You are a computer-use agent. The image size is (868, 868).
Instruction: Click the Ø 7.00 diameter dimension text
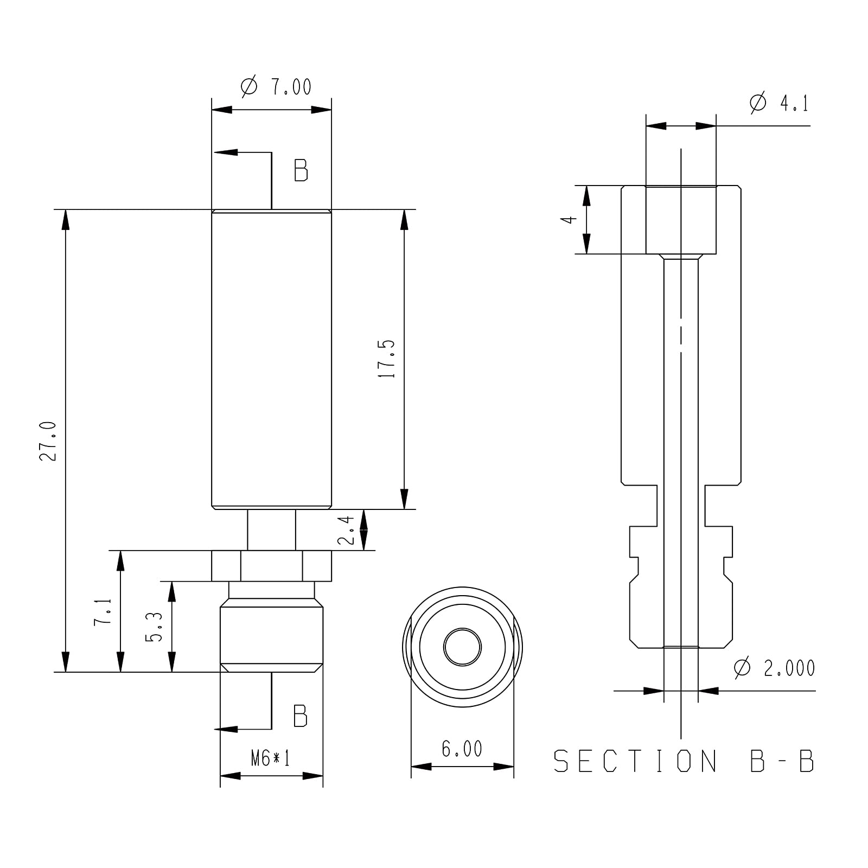tap(276, 87)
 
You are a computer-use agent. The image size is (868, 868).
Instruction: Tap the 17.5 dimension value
tap(388, 359)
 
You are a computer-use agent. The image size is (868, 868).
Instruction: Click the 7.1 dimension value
tap(103, 612)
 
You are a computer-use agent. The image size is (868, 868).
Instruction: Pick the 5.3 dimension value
tap(155, 627)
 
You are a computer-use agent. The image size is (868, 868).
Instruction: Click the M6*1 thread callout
tap(271, 758)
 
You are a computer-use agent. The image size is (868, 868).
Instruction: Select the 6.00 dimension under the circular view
tap(462, 749)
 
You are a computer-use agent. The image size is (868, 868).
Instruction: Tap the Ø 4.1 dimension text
tap(779, 103)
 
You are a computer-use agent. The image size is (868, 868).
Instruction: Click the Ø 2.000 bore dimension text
tap(774, 668)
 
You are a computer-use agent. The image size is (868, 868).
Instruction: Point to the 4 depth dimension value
tap(568, 220)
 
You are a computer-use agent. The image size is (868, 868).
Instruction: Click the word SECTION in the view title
tap(636, 761)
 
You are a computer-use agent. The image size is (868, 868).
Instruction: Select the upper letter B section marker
tap(301, 170)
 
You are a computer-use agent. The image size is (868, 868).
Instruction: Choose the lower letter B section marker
tap(300, 716)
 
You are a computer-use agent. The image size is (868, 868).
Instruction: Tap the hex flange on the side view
tap(271, 566)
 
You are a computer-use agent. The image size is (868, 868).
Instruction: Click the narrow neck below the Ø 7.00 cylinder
tap(272, 530)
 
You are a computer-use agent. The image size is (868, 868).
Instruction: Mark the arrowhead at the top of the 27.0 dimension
tap(66, 220)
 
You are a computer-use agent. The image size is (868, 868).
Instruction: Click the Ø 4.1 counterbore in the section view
tap(681, 220)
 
